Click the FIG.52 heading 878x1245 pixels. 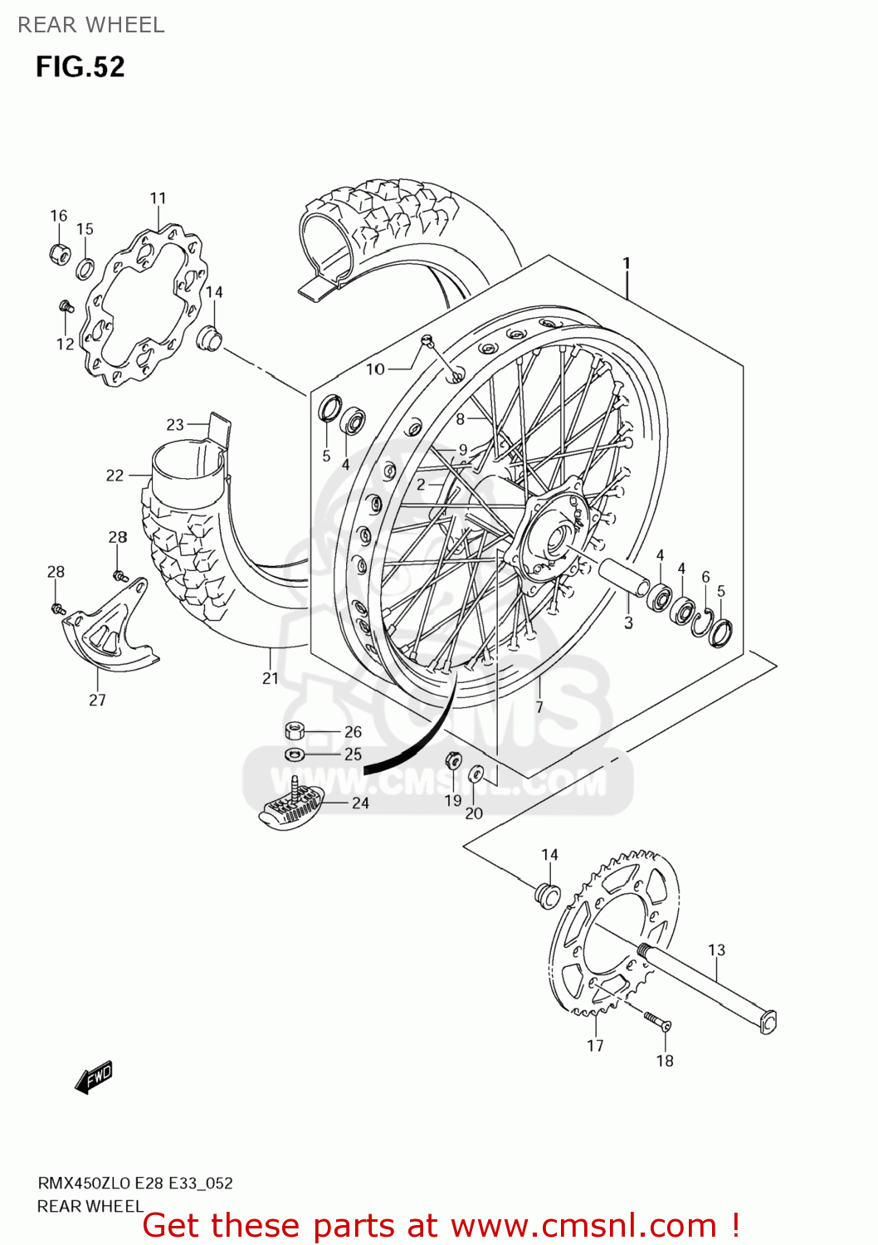click(x=80, y=66)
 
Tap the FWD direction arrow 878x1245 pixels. click(x=93, y=1077)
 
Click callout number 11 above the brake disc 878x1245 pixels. click(x=158, y=198)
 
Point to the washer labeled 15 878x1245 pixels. click(x=85, y=268)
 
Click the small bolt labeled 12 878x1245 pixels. click(x=66, y=308)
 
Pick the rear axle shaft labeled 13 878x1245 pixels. click(x=705, y=988)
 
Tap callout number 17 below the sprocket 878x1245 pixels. click(x=595, y=1046)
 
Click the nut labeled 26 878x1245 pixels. click(x=295, y=731)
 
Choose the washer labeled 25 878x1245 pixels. click(x=295, y=754)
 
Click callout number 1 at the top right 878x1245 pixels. click(x=627, y=263)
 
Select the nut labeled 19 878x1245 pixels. click(x=453, y=760)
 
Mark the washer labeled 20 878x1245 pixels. click(x=476, y=774)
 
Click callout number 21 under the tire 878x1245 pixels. click(x=271, y=678)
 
